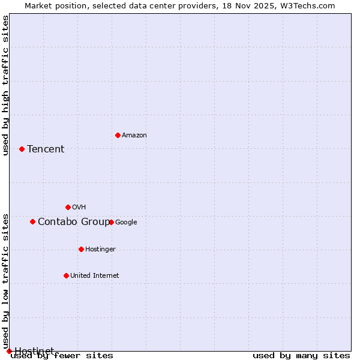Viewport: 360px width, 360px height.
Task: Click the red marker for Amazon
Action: pyautogui.click(x=118, y=135)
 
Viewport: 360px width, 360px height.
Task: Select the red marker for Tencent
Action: pyautogui.click(x=22, y=149)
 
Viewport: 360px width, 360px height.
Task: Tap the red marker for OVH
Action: pyautogui.click(x=68, y=207)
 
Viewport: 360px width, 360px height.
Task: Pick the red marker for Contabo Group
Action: pyautogui.click(x=32, y=221)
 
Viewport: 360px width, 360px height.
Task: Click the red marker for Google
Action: pyautogui.click(x=111, y=222)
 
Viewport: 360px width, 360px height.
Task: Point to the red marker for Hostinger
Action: pyautogui.click(x=81, y=249)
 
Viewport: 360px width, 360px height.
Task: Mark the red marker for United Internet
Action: pyautogui.click(x=66, y=275)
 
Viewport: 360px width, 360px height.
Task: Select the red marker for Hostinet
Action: pyautogui.click(x=9, y=351)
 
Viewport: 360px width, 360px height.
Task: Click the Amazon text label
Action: pyautogui.click(x=134, y=136)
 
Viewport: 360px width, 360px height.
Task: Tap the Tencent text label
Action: pyautogui.click(x=46, y=149)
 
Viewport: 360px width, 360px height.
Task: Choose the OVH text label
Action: pyautogui.click(x=79, y=208)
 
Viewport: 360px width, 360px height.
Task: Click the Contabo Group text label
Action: pyautogui.click(x=73, y=222)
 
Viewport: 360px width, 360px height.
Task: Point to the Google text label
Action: pyautogui.click(x=126, y=223)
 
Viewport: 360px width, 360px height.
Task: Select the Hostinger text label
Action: pyautogui.click(x=100, y=250)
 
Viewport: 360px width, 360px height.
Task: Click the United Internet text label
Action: pyautogui.click(x=94, y=276)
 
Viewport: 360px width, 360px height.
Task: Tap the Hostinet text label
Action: pyautogui.click(x=34, y=351)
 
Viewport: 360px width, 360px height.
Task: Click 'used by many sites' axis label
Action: pyautogui.click(x=301, y=356)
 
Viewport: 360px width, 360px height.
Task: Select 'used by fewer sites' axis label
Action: pyautogui.click(x=62, y=356)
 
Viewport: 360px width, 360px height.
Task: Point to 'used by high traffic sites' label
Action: pyautogui.click(x=5, y=85)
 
